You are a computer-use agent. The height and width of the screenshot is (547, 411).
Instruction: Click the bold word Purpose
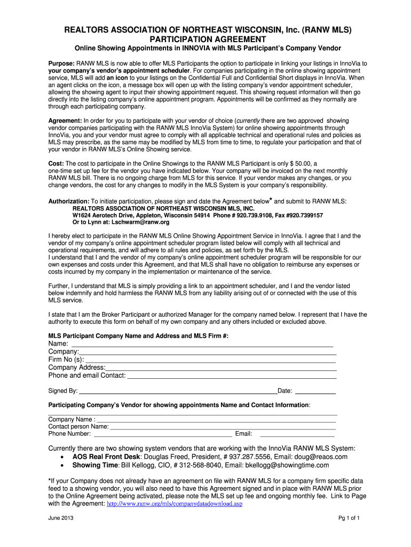pos(61,63)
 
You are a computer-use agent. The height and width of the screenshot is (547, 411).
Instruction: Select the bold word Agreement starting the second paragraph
pos(65,121)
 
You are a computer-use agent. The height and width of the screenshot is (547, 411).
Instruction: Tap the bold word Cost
pos(56,163)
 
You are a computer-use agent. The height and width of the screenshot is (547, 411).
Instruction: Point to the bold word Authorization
pos(69,201)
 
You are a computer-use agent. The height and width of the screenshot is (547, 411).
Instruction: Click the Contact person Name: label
pos(78,427)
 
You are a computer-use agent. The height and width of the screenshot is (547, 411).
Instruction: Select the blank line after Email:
pos(297,434)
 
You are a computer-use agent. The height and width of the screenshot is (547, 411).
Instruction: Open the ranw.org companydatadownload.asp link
pos(175,503)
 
